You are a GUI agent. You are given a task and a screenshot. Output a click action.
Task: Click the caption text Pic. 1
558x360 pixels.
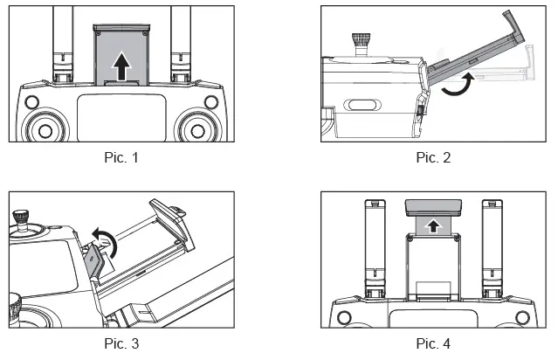coord(121,158)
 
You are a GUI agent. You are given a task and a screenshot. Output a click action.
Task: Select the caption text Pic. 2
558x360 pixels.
coord(434,158)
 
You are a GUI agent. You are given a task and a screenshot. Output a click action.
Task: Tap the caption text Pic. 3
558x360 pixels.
coord(121,343)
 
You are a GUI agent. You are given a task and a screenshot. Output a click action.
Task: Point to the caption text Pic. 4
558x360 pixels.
coord(434,343)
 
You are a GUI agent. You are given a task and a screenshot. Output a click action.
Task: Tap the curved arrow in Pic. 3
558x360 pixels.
coord(102,234)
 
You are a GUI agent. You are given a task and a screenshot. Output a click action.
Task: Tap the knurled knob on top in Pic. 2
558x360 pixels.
coord(359,41)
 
